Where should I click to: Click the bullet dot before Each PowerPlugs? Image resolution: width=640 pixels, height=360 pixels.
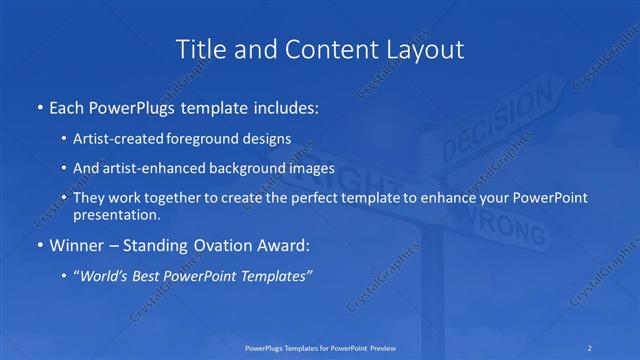point(38,105)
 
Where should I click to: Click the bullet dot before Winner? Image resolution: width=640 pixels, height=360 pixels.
point(38,244)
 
